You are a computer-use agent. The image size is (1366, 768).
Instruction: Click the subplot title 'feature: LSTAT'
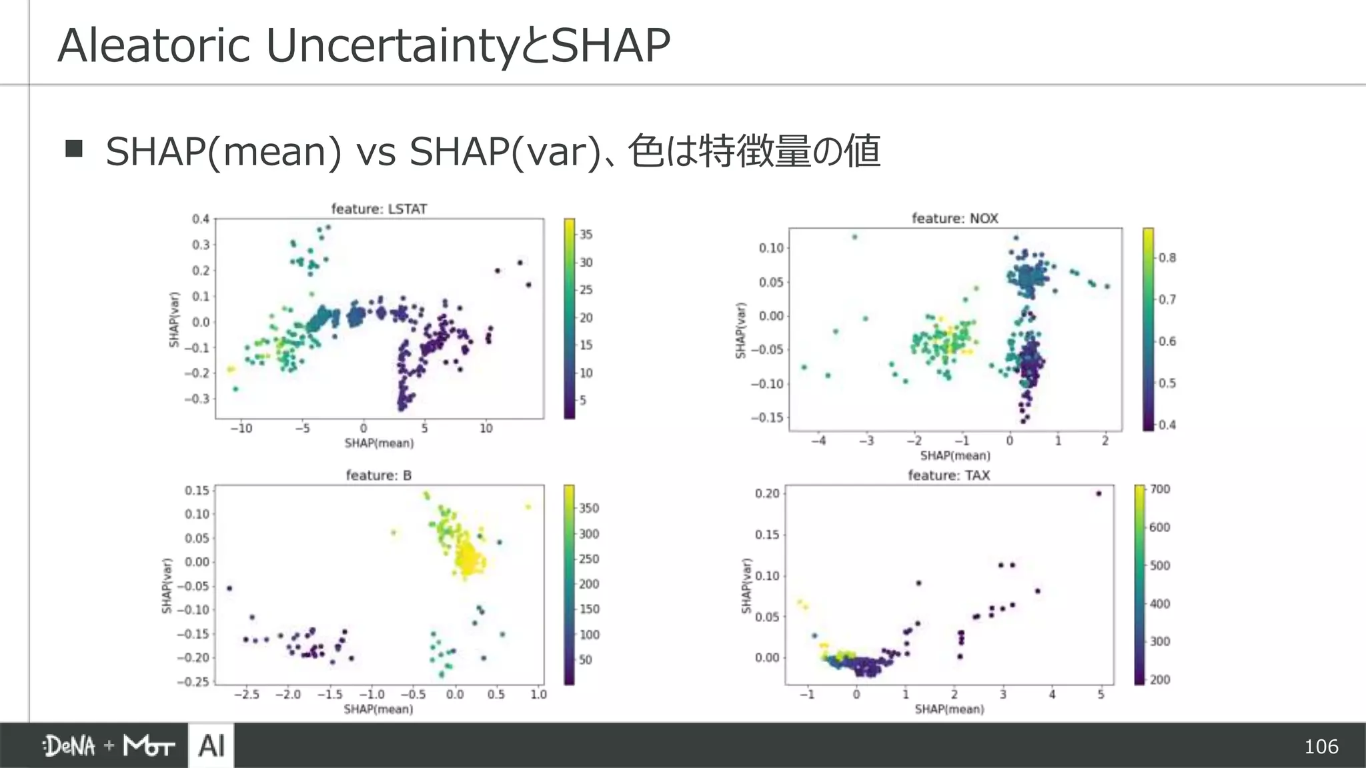379,209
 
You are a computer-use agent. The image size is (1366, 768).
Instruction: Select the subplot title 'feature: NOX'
954,218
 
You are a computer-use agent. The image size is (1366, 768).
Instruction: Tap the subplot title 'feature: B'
378,475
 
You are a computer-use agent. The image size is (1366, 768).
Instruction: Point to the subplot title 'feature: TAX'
948,475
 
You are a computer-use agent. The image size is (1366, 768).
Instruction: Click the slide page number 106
1321,746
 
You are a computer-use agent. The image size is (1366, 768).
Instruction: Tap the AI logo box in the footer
211,745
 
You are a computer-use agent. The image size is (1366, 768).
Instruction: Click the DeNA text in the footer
69,746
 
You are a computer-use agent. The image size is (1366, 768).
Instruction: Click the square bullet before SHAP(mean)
74,148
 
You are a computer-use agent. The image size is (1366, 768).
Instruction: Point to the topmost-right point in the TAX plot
1099,493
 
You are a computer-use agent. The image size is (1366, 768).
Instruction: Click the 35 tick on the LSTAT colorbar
586,235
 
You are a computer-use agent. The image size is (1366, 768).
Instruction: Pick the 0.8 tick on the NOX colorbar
1167,258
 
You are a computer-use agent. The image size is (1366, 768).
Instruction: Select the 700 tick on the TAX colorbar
1159,489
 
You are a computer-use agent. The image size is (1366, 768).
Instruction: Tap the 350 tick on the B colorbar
588,508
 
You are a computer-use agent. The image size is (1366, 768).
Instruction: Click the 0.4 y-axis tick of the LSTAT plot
201,219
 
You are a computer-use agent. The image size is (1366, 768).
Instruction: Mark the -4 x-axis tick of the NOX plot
818,441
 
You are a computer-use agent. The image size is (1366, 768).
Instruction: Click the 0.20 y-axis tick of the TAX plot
766,493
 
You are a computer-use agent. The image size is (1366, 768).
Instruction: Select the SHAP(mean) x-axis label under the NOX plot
954,455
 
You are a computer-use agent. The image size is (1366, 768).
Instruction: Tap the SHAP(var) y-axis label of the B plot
167,585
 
